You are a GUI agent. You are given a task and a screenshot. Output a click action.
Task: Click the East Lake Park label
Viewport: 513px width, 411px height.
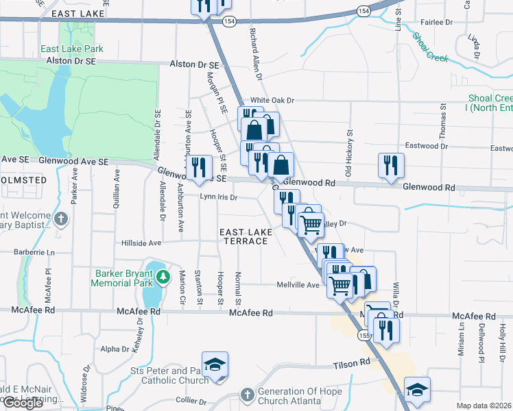pos(71,49)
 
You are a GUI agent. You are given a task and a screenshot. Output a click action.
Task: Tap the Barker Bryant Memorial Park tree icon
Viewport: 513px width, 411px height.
pos(163,277)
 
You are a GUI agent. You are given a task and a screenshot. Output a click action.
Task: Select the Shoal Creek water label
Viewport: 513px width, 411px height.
pos(431,48)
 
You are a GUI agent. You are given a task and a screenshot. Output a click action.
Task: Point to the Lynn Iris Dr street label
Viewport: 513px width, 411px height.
pos(218,197)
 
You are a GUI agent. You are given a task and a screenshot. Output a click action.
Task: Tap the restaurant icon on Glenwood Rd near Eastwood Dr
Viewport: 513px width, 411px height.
pos(391,165)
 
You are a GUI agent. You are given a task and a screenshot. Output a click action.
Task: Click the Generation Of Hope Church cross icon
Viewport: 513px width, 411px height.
pos(247,395)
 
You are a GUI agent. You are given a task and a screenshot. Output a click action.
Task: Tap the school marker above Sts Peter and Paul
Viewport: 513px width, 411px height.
pos(215,364)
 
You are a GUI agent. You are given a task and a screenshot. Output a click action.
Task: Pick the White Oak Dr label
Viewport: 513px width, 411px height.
pos(272,100)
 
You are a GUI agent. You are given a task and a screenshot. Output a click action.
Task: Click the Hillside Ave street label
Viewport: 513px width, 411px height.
pos(141,242)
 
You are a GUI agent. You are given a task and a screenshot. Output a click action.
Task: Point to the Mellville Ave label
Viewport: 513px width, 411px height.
pos(298,285)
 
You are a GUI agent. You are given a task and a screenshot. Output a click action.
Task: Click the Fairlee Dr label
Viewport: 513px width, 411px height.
pos(439,22)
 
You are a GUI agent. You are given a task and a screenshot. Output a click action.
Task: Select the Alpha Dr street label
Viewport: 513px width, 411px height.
pos(115,349)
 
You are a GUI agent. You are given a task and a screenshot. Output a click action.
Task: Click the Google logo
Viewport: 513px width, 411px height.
pos(23,403)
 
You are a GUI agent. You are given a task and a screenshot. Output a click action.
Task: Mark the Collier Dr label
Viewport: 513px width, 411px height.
pos(191,400)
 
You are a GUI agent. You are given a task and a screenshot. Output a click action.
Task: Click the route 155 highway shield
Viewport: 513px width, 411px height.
pos(363,335)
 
